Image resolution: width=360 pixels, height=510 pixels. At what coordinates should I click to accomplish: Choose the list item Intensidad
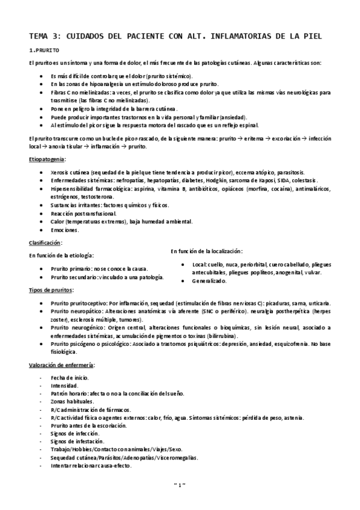pos(64,385)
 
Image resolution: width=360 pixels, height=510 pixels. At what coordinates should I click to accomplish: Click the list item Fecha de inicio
pos(70,377)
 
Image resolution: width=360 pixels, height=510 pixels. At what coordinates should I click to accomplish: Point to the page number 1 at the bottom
pos(180,500)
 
